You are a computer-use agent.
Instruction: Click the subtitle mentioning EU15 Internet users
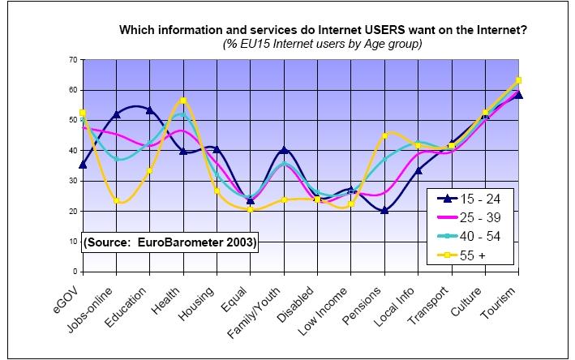(323, 44)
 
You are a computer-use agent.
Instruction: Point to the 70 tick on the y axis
(71, 60)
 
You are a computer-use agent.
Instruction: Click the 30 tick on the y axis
(71, 181)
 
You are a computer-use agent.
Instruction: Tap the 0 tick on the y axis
(74, 271)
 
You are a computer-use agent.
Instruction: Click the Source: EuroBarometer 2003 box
(169, 241)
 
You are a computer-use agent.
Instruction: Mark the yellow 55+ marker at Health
(183, 101)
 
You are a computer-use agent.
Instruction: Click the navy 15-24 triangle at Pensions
(384, 210)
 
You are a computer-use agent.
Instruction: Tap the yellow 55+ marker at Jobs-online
(117, 200)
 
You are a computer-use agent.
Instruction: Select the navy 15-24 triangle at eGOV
(83, 165)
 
